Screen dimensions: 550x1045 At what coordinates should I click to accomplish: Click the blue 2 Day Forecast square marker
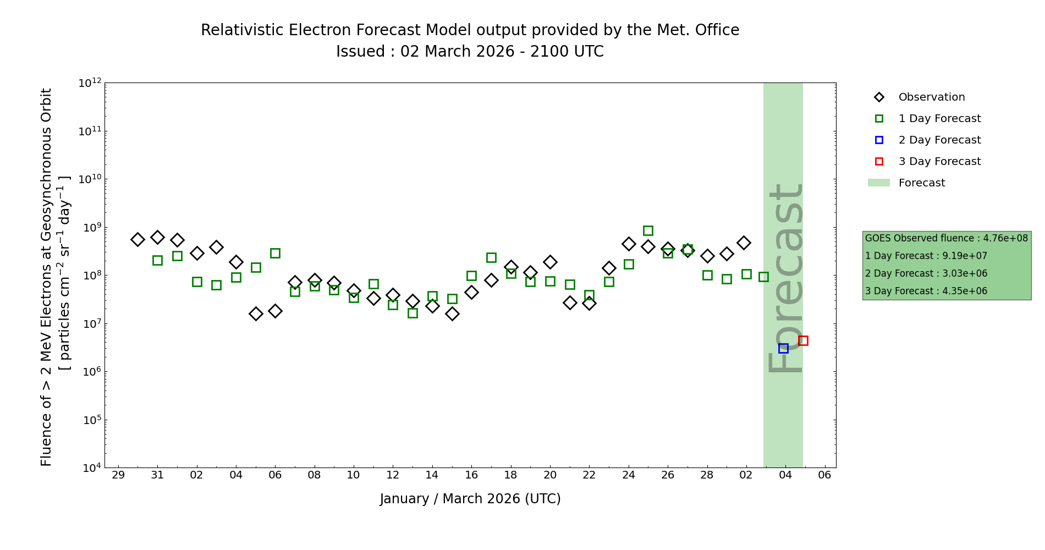coord(783,348)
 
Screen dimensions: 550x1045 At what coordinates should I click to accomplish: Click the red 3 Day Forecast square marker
coord(803,340)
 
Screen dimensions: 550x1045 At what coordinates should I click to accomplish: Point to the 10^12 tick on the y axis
coord(90,83)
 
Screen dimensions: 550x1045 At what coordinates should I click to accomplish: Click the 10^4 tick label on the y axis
coord(90,468)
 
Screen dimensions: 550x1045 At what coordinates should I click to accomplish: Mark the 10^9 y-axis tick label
coord(90,228)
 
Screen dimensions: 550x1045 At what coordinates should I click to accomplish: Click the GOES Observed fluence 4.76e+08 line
coord(946,239)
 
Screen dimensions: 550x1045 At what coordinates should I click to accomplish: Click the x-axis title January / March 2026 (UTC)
coord(470,499)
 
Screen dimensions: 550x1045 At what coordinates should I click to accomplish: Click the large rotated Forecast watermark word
coord(785,278)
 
